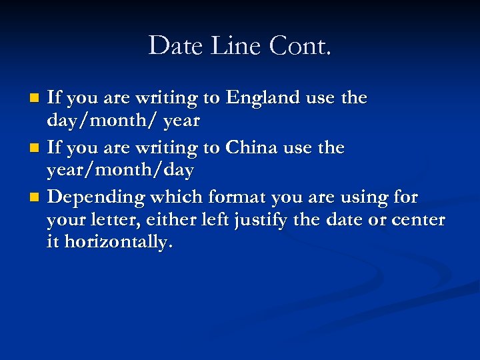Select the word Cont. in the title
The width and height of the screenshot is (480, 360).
300,46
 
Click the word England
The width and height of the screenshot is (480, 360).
263,98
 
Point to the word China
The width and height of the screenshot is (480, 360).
252,147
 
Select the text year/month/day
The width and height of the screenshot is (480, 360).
120,171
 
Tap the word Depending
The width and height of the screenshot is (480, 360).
98,197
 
